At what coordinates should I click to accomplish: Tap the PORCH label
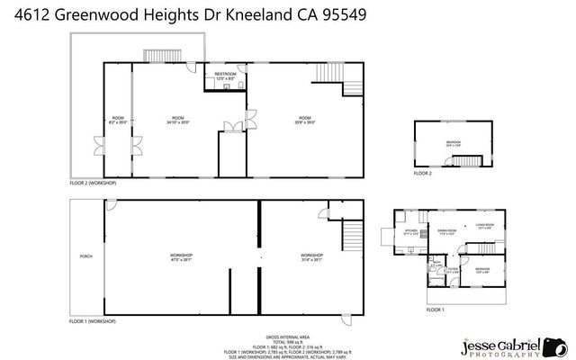coord(86,256)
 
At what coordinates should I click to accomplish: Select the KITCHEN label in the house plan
coord(411,229)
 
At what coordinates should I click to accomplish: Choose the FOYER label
coord(454,267)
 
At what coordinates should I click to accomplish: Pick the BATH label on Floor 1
coord(436,262)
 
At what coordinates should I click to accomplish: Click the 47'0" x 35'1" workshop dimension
coord(182,259)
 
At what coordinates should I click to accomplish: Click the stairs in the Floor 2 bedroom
coord(467,160)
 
